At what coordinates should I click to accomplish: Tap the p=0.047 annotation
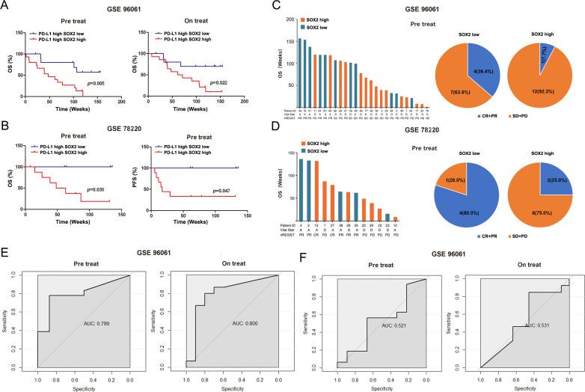click(218, 192)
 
